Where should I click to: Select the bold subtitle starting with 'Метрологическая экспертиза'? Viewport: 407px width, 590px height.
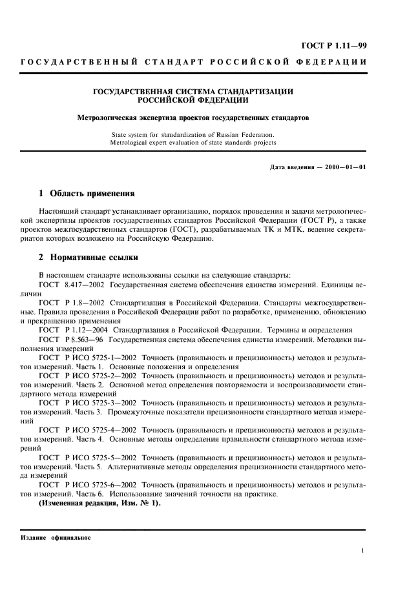(193, 119)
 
